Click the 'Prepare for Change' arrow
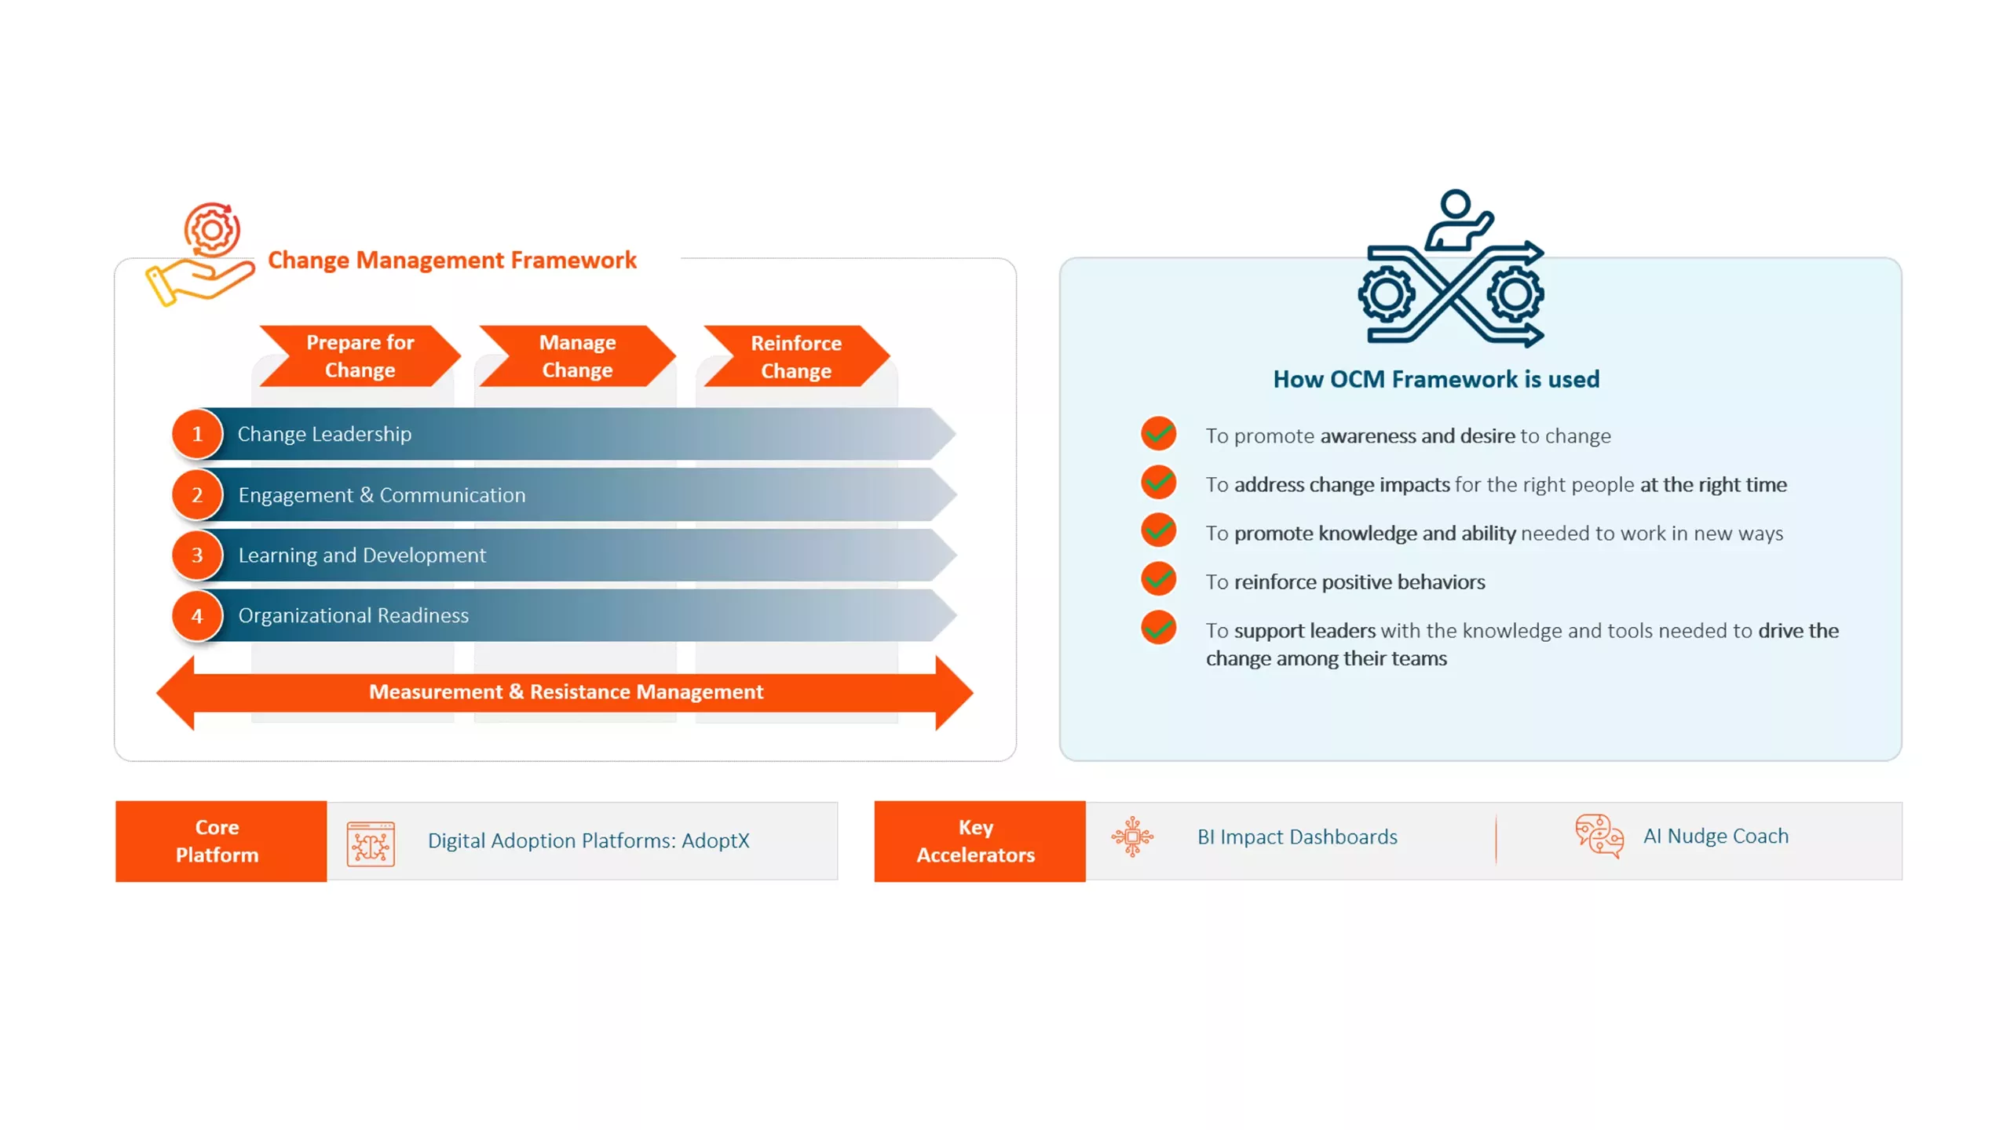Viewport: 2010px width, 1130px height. (360, 356)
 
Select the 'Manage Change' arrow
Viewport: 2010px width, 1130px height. (577, 356)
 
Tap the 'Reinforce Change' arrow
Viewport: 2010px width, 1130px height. (796, 356)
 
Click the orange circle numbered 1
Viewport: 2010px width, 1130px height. (197, 434)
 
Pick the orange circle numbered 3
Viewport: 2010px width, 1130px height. (197, 555)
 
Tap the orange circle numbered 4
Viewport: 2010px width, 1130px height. (197, 616)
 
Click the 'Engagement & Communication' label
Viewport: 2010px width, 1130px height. (382, 495)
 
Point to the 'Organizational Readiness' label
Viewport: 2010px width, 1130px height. (353, 615)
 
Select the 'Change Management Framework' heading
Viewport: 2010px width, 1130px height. (452, 260)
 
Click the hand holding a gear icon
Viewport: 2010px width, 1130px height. (201, 254)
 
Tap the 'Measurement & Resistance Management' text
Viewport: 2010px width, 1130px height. (566, 691)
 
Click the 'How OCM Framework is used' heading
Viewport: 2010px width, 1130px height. (1436, 379)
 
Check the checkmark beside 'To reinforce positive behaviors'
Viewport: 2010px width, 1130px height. (1158, 580)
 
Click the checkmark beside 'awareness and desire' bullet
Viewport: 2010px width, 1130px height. (1158, 433)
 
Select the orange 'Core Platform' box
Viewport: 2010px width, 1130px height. (221, 841)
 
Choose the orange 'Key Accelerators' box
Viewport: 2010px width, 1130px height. (980, 841)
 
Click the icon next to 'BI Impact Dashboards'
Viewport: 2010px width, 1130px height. (1132, 837)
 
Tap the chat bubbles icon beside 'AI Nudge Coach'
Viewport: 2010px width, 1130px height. (1599, 836)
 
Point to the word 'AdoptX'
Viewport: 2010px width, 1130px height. (715, 840)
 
